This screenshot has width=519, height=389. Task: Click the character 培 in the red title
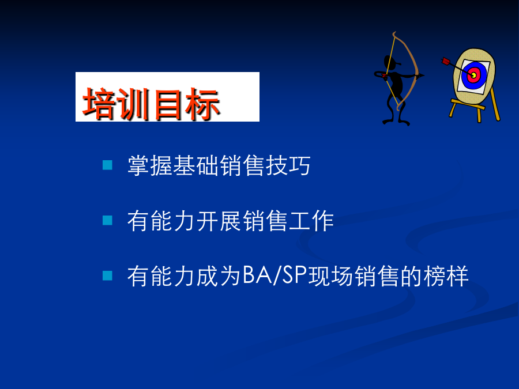click(x=99, y=103)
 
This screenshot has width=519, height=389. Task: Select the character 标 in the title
click(x=202, y=104)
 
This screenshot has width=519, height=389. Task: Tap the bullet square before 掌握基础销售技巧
click(x=108, y=165)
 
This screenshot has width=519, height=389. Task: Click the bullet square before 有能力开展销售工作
click(x=108, y=220)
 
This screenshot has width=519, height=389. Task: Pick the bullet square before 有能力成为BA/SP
click(x=108, y=275)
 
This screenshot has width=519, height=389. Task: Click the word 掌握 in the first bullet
click(x=151, y=165)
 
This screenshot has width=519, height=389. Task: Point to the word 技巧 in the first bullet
click(x=288, y=165)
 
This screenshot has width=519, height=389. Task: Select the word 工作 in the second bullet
click(x=311, y=221)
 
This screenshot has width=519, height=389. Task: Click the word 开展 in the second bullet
click(x=219, y=221)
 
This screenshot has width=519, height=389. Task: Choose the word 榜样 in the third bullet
click(x=446, y=276)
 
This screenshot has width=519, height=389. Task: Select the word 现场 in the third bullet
click(x=331, y=276)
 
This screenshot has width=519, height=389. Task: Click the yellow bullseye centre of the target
click(x=473, y=75)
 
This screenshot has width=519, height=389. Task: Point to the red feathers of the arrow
click(x=446, y=61)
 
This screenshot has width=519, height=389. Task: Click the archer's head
click(x=390, y=62)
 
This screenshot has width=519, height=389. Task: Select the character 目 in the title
click(x=168, y=104)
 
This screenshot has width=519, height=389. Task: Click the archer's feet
click(x=396, y=122)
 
